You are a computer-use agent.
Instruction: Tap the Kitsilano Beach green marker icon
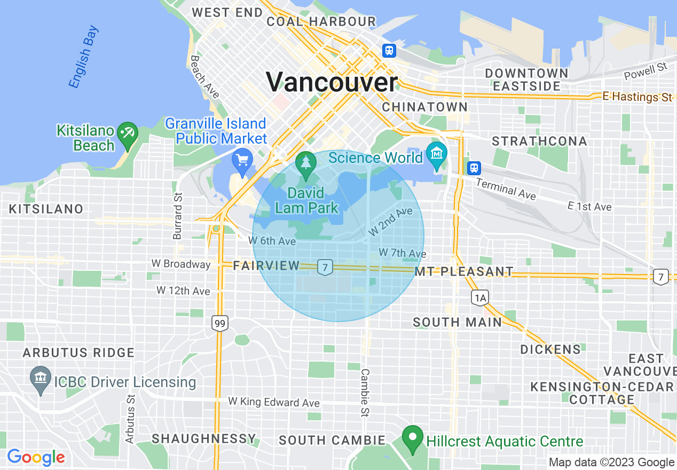click(x=128, y=133)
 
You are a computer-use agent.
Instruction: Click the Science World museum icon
click(x=437, y=154)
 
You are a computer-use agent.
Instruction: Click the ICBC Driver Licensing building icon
click(x=41, y=379)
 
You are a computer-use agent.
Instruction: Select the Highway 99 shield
click(x=219, y=323)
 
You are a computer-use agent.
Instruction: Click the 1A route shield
click(x=479, y=298)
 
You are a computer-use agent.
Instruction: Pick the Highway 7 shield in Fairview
click(x=324, y=267)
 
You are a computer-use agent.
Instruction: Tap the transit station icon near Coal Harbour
click(x=389, y=50)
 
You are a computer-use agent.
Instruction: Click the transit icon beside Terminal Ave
click(x=474, y=168)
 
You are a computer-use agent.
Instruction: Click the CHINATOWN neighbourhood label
click(x=424, y=107)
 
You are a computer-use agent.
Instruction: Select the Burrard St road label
click(x=178, y=216)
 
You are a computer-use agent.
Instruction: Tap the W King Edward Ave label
click(x=274, y=402)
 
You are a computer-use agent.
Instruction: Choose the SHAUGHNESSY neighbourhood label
click(x=204, y=438)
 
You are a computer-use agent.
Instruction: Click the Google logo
click(x=36, y=457)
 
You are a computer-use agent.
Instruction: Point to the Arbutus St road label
click(x=130, y=419)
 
